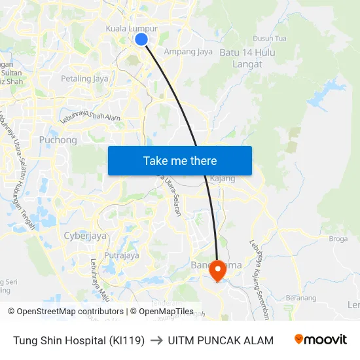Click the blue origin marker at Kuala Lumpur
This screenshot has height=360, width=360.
click(x=141, y=40)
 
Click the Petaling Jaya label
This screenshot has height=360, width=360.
click(x=84, y=79)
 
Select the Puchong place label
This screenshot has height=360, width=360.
click(x=58, y=140)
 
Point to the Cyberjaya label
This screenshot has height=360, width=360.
click(x=85, y=236)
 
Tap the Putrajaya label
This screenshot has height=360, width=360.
click(x=122, y=256)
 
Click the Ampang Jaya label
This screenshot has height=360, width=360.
click(x=188, y=51)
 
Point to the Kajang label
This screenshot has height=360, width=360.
click(x=223, y=178)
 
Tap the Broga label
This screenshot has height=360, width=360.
click(x=338, y=239)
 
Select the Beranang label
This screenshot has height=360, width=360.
click(x=300, y=298)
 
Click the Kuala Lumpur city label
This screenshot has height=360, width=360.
click(x=132, y=29)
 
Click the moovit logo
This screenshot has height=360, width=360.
click(x=320, y=340)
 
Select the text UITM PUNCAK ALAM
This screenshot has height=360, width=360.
click(x=221, y=340)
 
